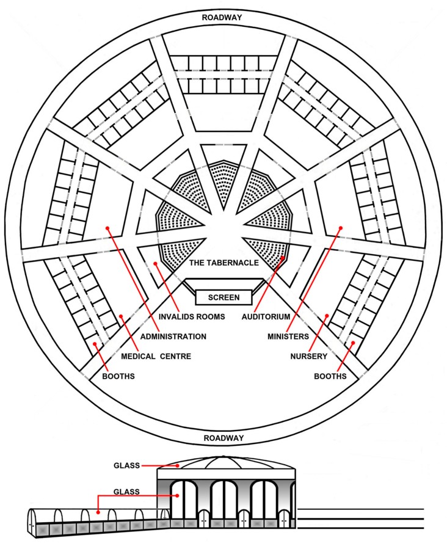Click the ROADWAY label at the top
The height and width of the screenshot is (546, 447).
(x=222, y=18)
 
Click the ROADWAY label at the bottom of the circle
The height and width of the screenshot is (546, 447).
(x=223, y=438)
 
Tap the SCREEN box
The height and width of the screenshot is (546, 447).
(x=224, y=297)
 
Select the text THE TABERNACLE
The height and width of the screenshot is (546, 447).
(x=224, y=263)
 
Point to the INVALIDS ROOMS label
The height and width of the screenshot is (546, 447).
(x=192, y=316)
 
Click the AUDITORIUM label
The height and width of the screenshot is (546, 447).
(x=266, y=316)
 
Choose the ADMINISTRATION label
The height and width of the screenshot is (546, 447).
(x=173, y=337)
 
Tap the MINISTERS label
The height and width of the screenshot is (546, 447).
(x=288, y=337)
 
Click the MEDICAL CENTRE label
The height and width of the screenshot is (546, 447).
(x=156, y=356)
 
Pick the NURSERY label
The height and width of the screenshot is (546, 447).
(x=309, y=356)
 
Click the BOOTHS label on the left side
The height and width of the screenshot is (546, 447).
(x=118, y=376)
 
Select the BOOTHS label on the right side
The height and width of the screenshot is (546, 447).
(x=330, y=376)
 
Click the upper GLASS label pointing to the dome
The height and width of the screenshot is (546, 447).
(x=127, y=465)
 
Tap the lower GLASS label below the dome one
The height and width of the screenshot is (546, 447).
(x=127, y=492)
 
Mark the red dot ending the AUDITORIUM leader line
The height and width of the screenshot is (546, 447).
(x=283, y=258)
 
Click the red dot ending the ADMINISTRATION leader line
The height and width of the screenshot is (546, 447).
(x=107, y=228)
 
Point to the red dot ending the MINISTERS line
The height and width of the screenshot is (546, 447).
(x=341, y=228)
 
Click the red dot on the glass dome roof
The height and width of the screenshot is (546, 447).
(x=178, y=465)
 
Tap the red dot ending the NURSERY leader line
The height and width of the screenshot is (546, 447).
(x=327, y=316)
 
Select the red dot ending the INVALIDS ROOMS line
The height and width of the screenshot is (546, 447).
(x=156, y=264)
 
